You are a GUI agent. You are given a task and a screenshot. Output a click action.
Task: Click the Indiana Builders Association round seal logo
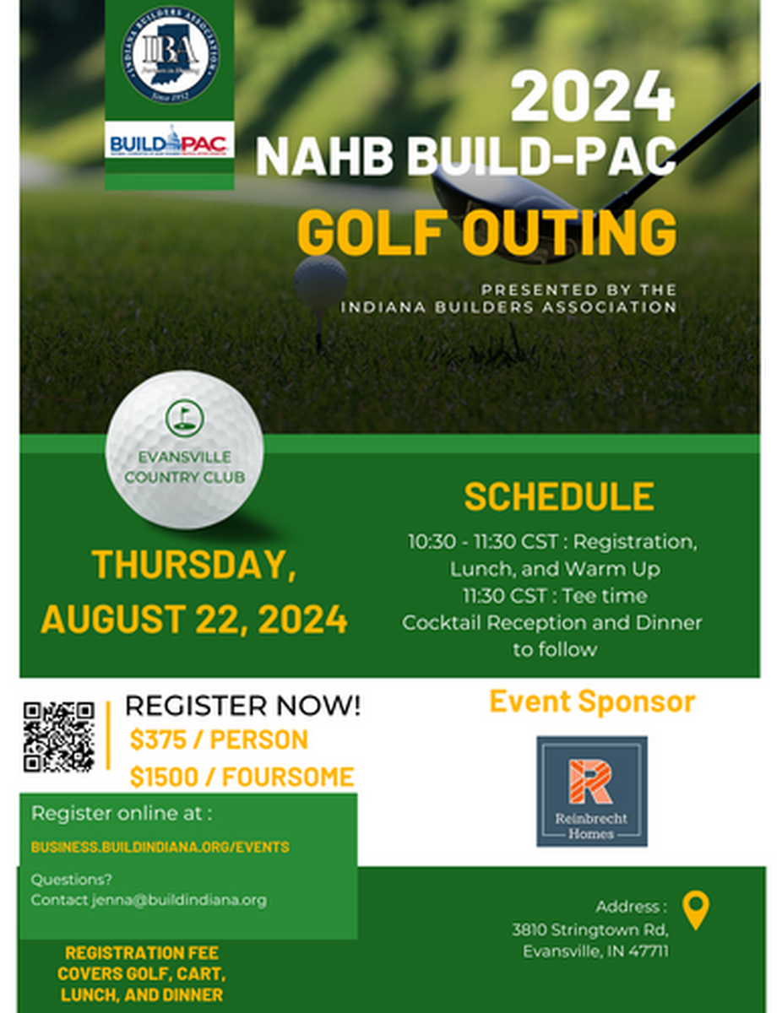click(x=170, y=55)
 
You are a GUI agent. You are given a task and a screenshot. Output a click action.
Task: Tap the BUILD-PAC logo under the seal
click(x=170, y=141)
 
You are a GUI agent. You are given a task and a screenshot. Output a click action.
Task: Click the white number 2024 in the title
click(x=593, y=97)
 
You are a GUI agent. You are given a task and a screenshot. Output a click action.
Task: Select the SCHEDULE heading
click(x=558, y=497)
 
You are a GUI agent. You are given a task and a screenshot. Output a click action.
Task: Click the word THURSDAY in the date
click(x=193, y=566)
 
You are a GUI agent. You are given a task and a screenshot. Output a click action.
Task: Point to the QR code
click(x=58, y=736)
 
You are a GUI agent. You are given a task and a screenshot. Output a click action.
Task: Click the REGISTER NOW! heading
click(x=242, y=706)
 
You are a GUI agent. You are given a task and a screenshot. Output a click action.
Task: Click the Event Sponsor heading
click(x=592, y=702)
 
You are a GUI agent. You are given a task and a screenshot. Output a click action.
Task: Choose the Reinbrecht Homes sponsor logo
click(x=591, y=791)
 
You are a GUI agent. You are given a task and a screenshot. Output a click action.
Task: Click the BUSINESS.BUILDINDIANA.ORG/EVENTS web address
click(x=160, y=847)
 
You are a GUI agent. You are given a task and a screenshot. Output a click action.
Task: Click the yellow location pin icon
click(x=695, y=911)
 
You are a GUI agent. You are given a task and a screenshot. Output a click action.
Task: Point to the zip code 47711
click(x=649, y=951)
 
